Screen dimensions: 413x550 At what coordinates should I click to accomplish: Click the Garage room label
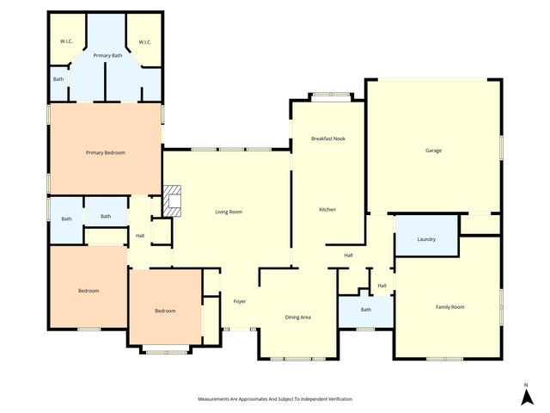point(433,151)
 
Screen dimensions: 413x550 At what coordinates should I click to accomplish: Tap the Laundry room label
point(426,239)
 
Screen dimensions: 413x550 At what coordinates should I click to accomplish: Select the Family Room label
point(449,306)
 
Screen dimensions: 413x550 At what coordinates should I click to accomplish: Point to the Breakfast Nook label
point(327,139)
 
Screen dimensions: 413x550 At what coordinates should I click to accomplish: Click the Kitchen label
point(327,210)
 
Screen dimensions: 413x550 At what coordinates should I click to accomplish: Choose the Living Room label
point(229,212)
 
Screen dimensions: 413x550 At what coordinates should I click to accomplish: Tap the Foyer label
point(240,301)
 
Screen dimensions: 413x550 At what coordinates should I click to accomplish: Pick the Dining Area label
point(297,317)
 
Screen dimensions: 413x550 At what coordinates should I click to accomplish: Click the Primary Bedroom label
point(106,152)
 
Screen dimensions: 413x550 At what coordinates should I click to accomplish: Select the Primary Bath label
point(107,55)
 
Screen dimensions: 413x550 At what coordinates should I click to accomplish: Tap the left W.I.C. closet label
point(65,41)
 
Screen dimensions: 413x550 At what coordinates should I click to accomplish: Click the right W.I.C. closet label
point(145,41)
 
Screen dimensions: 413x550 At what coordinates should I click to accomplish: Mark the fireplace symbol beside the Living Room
point(173,200)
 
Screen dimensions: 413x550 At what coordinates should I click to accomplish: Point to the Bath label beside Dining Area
point(365,310)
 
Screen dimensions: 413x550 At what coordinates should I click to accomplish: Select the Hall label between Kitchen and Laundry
point(349,256)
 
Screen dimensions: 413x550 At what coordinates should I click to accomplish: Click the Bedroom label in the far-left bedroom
point(89,291)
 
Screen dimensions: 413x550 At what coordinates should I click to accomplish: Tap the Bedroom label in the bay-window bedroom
point(165,311)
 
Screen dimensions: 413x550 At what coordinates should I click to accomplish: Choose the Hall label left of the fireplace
point(139,236)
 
